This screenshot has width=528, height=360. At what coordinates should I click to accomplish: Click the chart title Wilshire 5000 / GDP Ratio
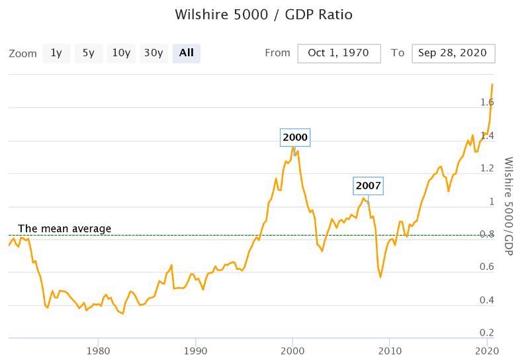[263, 15]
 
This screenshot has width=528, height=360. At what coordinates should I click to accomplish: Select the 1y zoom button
[56, 53]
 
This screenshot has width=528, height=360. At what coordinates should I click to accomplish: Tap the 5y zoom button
[89, 53]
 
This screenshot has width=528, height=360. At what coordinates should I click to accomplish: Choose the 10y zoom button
[121, 53]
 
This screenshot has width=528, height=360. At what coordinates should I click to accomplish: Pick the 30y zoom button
[154, 53]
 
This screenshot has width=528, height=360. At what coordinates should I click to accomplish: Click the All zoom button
[186, 53]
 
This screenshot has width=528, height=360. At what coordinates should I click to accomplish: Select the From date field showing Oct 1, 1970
[339, 53]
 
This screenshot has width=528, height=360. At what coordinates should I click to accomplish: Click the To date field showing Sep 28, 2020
[453, 53]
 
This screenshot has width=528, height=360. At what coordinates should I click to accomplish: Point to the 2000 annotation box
[295, 138]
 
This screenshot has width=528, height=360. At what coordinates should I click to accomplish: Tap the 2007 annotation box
[368, 185]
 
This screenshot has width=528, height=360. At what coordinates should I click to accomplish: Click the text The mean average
[64, 229]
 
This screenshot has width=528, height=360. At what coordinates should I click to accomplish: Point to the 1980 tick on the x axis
[98, 351]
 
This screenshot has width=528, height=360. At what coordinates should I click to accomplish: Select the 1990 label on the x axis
[195, 351]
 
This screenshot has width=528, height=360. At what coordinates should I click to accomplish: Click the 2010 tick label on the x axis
[390, 351]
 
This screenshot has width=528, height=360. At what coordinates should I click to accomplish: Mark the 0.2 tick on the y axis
[486, 332]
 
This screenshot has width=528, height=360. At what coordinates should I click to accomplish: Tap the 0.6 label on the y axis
[486, 267]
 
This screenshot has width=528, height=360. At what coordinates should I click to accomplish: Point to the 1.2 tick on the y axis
[486, 168]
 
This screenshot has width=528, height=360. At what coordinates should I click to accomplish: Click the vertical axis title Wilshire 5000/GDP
[508, 206]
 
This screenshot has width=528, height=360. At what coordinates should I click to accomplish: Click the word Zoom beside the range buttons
[22, 54]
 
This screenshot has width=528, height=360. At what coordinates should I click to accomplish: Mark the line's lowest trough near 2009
[380, 277]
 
